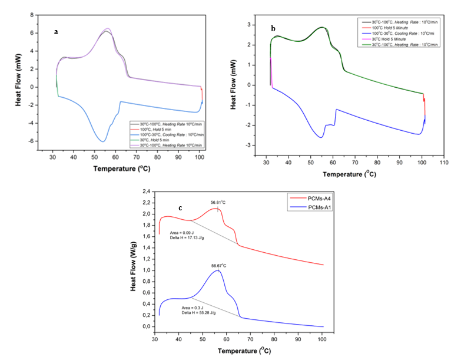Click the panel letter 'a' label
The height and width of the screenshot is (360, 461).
point(56,32)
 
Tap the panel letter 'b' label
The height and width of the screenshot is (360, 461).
point(273,28)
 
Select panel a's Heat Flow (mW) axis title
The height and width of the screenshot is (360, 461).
point(18,87)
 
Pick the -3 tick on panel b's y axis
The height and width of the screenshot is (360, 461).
point(250,146)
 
